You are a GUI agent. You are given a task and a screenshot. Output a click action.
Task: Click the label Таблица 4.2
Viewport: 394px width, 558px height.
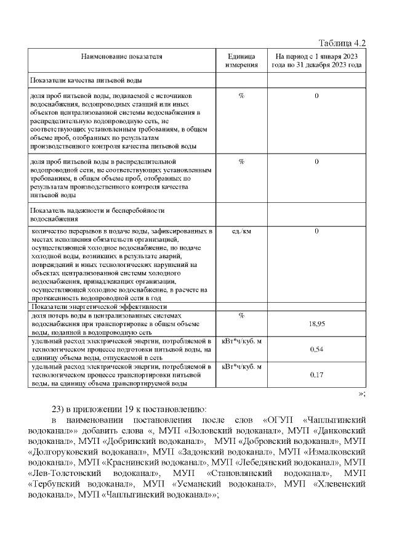[342, 43]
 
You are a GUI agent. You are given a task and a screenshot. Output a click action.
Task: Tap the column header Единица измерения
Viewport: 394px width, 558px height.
[241, 60]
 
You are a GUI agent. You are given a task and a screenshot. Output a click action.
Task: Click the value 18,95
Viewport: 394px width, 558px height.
[316, 324]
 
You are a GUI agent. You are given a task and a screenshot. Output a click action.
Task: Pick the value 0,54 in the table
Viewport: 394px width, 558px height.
[316, 350]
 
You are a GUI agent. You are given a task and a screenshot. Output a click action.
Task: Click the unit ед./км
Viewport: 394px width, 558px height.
[241, 232]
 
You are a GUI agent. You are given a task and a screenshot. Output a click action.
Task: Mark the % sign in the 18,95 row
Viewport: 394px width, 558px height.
[241, 315]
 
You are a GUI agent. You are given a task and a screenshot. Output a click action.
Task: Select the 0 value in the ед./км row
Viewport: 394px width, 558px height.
[316, 232]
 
